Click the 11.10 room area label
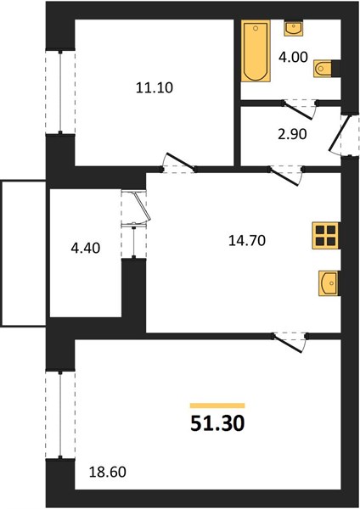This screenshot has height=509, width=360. click(155, 87)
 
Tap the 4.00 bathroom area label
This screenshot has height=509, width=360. click(293, 57)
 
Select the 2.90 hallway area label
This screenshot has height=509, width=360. click(292, 134)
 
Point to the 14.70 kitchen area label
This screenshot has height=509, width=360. click(247, 241)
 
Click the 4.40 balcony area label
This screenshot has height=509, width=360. click(86, 249)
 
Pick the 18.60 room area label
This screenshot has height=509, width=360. click(108, 472)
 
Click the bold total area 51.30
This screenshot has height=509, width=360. click(217, 423)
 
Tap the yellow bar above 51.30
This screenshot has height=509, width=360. click(217, 406)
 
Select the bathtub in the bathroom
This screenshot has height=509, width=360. click(256, 51)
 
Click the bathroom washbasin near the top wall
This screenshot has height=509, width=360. click(294, 28)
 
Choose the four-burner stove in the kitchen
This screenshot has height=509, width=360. click(326, 236)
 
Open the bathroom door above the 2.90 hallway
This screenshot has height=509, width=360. click(300, 110)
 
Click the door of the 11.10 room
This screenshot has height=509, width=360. click(179, 163)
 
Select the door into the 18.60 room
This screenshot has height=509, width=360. click(290, 343)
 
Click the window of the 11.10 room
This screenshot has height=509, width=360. click(60, 92)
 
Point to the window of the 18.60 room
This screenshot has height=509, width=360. click(60, 415)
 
